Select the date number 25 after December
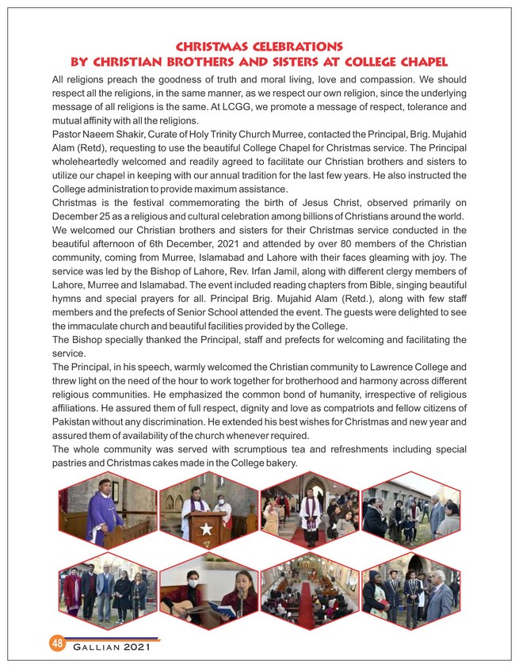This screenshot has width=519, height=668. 105,217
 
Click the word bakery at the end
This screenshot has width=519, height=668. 275,463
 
